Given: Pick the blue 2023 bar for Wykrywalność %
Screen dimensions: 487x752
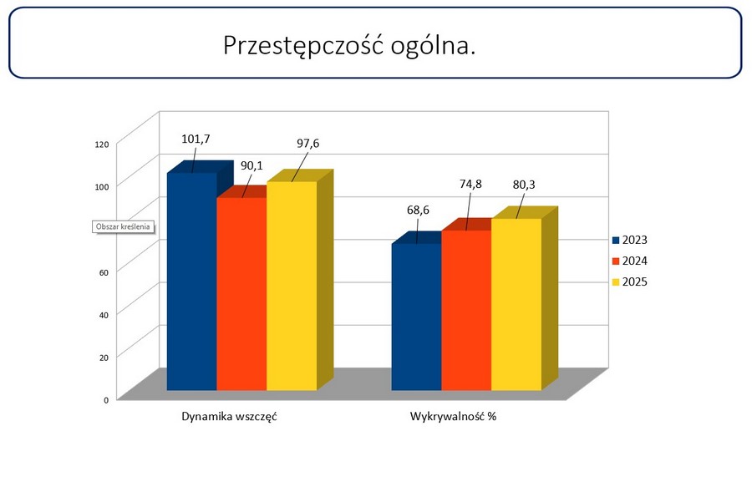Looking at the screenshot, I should click(x=416, y=317).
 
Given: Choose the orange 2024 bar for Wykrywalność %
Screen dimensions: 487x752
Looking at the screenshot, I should click(x=466, y=310).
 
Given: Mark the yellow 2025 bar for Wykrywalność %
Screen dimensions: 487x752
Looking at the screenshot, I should click(x=516, y=304).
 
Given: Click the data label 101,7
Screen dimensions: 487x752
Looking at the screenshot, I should click(x=196, y=139).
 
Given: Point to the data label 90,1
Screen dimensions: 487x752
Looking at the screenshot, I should click(x=252, y=165).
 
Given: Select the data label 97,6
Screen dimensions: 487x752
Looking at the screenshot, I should click(x=307, y=144).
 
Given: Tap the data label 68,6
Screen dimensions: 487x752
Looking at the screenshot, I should click(x=418, y=211).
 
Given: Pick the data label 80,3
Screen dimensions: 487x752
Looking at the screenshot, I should click(x=525, y=184).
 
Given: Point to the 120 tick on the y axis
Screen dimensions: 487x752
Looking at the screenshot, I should click(x=102, y=145).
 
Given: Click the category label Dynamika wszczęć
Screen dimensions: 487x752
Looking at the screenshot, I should click(x=229, y=416).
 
